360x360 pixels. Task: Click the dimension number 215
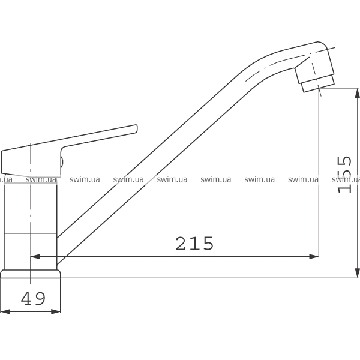tap(194, 244)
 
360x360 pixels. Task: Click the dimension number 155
tap(344, 175)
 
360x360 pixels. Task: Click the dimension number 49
tap(33, 299)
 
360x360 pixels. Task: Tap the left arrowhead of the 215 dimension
tap(35, 256)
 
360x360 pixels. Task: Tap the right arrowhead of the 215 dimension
tap(314, 256)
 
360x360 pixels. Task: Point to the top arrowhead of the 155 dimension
tap(357, 93)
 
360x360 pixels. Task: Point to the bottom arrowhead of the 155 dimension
tap(357, 273)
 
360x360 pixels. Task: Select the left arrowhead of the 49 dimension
tap(5, 312)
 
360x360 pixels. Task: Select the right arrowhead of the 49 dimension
tap(56, 312)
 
